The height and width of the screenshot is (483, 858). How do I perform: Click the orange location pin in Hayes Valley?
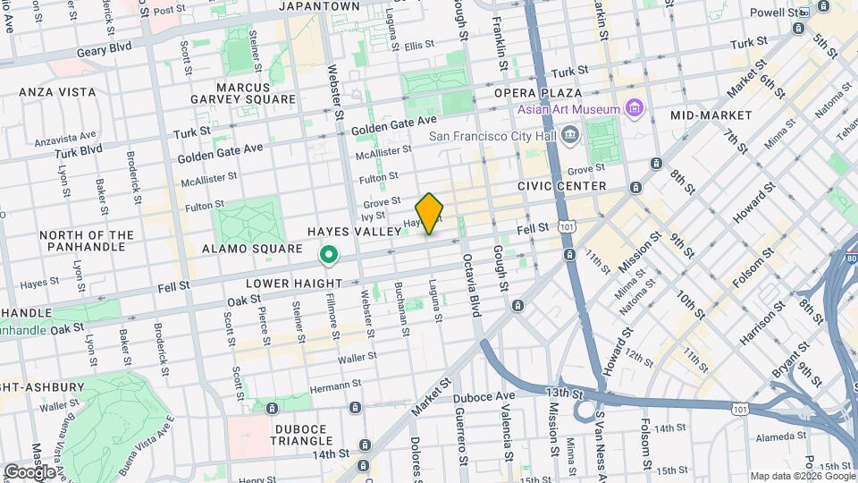[x=430, y=213]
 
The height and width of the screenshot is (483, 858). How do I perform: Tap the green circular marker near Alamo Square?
[x=329, y=256]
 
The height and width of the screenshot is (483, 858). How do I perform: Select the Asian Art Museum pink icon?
[x=635, y=109]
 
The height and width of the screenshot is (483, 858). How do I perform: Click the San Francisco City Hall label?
[x=492, y=137]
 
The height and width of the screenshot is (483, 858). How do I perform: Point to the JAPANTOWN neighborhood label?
[x=319, y=6]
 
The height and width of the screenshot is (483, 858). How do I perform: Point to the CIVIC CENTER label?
[x=561, y=186]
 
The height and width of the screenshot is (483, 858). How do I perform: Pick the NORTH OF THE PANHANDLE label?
[x=87, y=241]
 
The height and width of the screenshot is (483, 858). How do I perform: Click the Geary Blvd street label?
[x=102, y=47]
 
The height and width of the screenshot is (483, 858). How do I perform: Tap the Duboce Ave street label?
[x=484, y=395]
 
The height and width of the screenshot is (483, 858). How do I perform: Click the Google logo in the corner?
[x=29, y=471]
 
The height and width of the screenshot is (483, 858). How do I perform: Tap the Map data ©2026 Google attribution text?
[x=802, y=476]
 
